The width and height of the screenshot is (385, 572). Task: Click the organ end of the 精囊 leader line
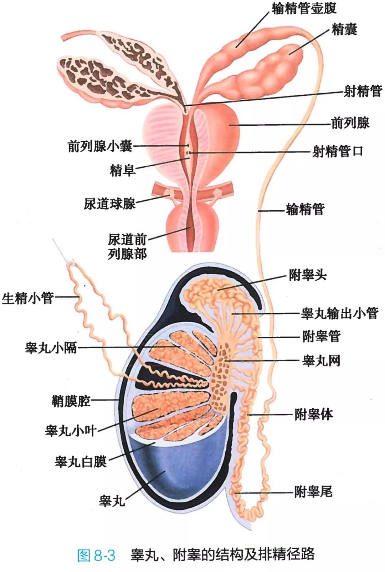[289, 54]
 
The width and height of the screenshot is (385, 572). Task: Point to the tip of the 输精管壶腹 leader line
[236, 47]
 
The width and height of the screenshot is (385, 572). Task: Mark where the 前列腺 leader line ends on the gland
[229, 125]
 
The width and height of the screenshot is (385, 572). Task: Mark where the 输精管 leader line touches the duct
[258, 211]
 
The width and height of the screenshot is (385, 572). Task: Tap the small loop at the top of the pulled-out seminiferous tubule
[72, 263]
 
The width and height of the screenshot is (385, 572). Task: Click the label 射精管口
[337, 152]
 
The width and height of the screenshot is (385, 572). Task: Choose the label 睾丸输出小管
[339, 313]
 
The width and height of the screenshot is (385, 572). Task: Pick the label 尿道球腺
[110, 204]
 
